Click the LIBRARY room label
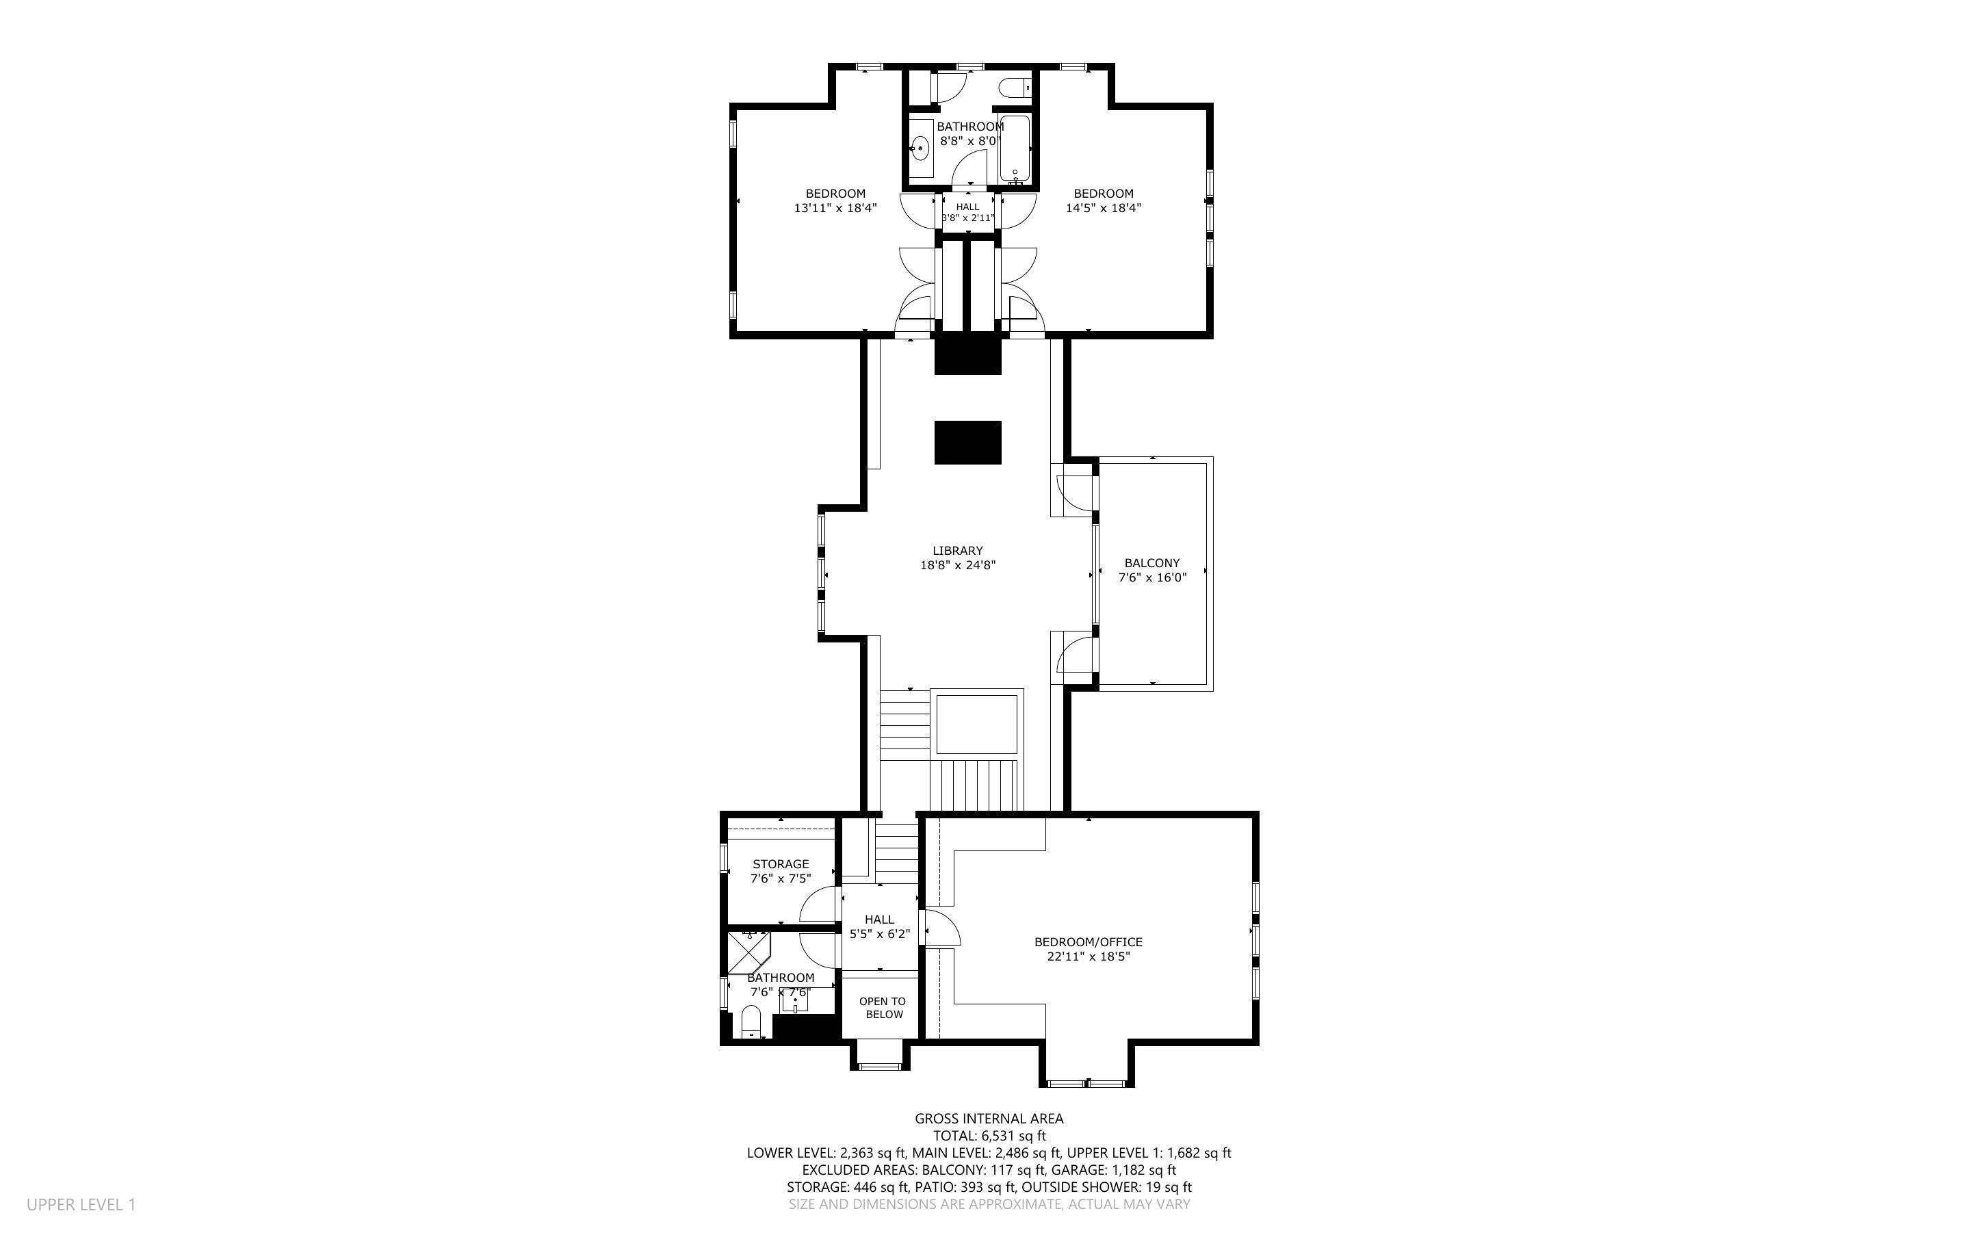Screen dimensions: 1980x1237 [958, 551]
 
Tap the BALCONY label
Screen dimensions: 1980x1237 [1151, 563]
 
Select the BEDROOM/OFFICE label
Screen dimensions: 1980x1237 [1088, 941]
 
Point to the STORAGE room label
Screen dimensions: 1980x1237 [780, 864]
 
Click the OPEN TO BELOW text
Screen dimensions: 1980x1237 [883, 1008]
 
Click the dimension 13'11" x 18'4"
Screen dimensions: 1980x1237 [835, 208]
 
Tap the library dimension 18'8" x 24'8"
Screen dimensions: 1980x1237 [958, 564]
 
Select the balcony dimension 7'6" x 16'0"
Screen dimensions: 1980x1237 [1151, 577]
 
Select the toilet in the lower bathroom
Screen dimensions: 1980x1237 [751, 1022]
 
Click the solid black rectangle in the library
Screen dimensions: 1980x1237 [967, 443]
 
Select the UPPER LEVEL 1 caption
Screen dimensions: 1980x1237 [81, 1204]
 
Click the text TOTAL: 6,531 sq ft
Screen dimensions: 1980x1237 [989, 1136]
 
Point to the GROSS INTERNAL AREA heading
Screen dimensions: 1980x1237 [989, 1119]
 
